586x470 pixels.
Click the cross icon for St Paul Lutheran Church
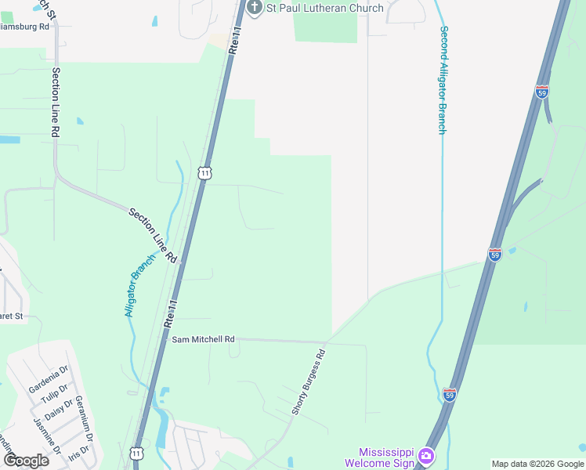(x=254, y=8)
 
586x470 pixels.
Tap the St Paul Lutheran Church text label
(x=325, y=8)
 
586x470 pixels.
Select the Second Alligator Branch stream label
(x=443, y=81)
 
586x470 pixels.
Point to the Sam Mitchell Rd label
(x=203, y=339)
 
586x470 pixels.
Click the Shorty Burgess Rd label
(x=308, y=383)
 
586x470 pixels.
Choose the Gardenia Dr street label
(x=49, y=378)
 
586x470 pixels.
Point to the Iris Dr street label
(x=79, y=454)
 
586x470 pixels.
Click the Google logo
(x=26, y=460)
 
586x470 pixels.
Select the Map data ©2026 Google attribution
(x=537, y=464)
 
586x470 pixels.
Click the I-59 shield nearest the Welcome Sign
(x=450, y=395)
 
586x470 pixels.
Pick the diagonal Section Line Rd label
(x=154, y=236)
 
